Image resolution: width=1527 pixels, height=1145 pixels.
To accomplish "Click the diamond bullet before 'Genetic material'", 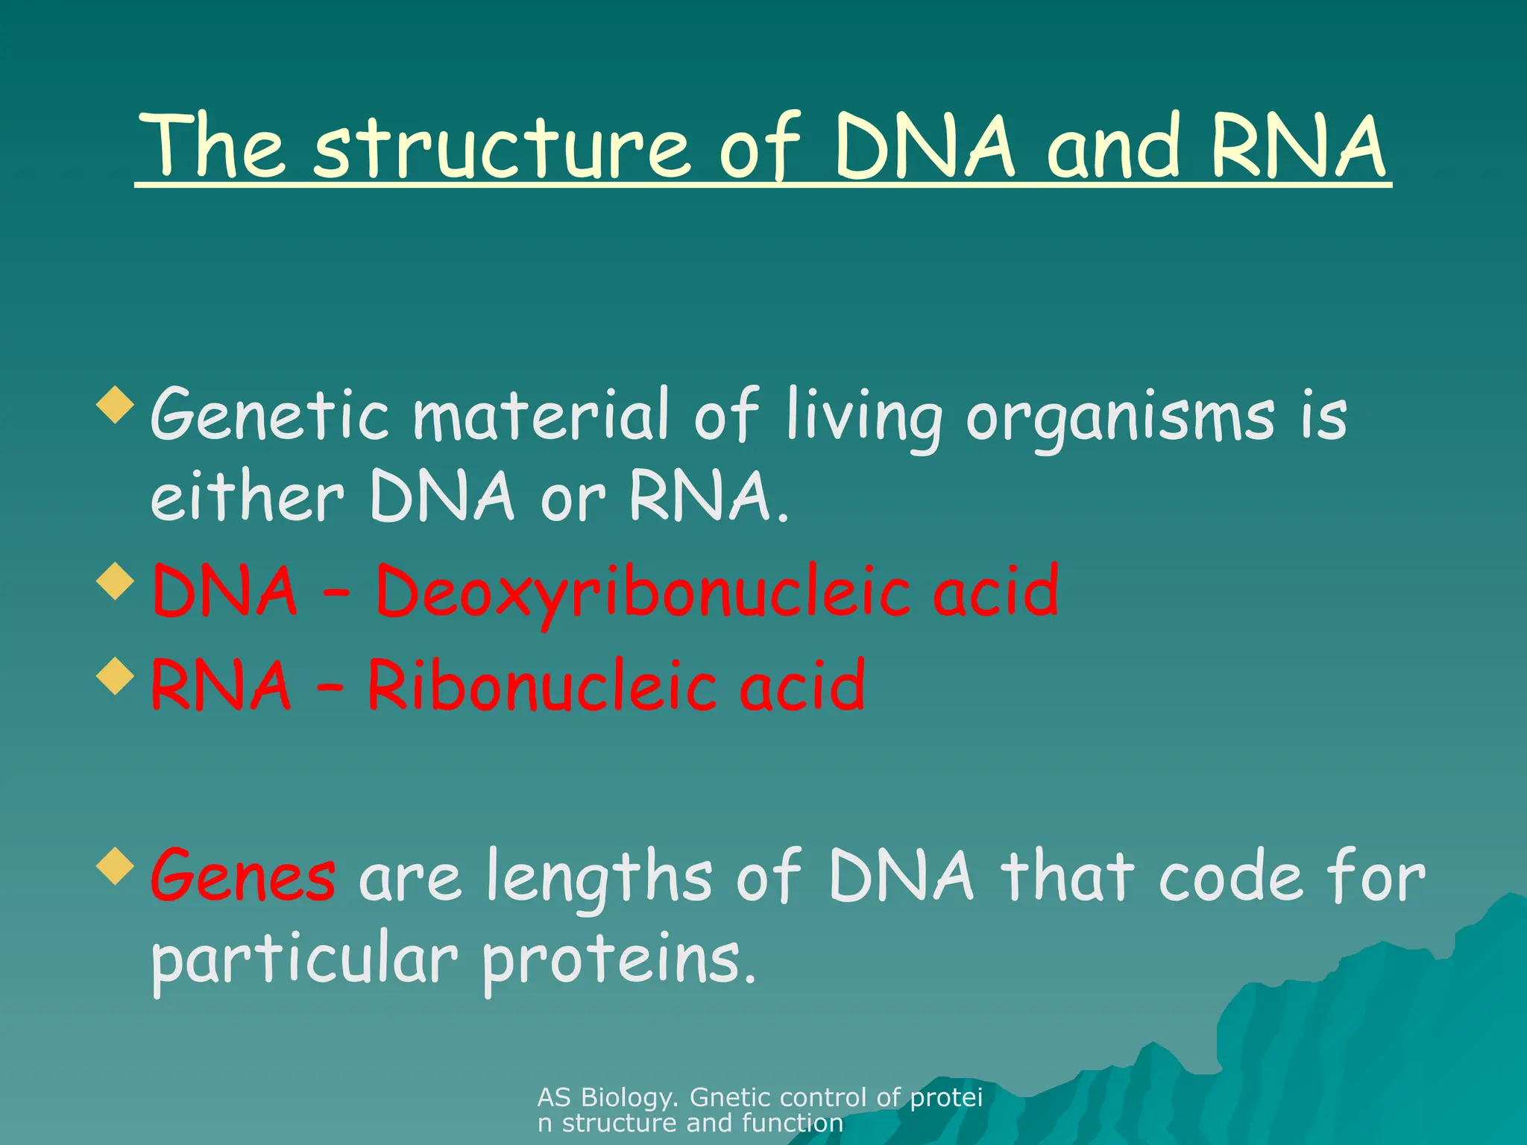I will click(x=116, y=406).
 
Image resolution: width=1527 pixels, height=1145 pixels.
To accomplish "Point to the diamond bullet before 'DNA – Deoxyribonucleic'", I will click(x=116, y=581).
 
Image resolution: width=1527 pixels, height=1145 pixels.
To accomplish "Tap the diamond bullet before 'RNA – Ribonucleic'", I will click(x=116, y=676).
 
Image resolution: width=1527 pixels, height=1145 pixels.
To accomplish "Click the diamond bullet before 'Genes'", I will click(x=116, y=867).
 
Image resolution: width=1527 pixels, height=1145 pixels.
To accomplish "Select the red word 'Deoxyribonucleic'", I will click(x=717, y=593).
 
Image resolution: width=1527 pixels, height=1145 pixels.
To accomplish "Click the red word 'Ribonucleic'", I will click(x=543, y=686).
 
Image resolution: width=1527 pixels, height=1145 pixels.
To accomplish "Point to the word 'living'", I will click(x=864, y=417).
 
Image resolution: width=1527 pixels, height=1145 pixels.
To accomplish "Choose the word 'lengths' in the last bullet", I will click(x=599, y=878).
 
